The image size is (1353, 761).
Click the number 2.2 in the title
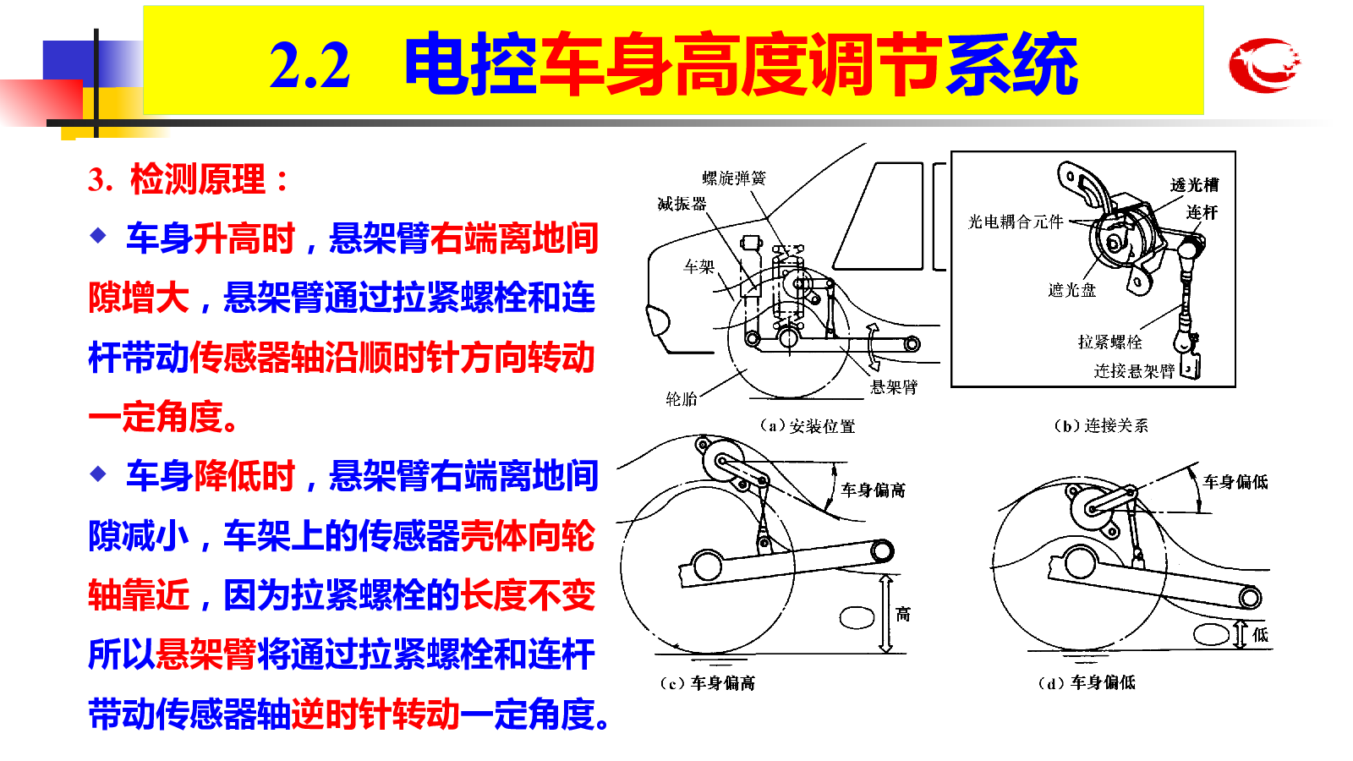[309, 66]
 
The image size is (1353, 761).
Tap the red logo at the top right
[1264, 64]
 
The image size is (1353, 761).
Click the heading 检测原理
[198, 179]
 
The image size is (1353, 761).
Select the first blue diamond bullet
[98, 235]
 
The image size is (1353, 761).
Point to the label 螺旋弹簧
[734, 178]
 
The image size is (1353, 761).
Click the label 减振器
[682, 204]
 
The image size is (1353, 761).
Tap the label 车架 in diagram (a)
[698, 266]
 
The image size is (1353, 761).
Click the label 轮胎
[682, 398]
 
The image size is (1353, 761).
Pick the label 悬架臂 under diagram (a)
[893, 386]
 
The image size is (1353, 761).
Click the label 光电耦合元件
[1016, 222]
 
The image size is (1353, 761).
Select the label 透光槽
[1194, 185]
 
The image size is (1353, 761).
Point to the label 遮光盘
[1072, 290]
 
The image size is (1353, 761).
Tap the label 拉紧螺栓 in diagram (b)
[1110, 342]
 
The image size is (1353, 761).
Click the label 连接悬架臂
[1134, 370]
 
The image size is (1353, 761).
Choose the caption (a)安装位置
[808, 426]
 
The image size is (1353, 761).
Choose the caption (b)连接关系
[1101, 425]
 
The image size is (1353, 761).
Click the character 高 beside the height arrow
[903, 614]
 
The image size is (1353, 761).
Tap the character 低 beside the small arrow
[1260, 635]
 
